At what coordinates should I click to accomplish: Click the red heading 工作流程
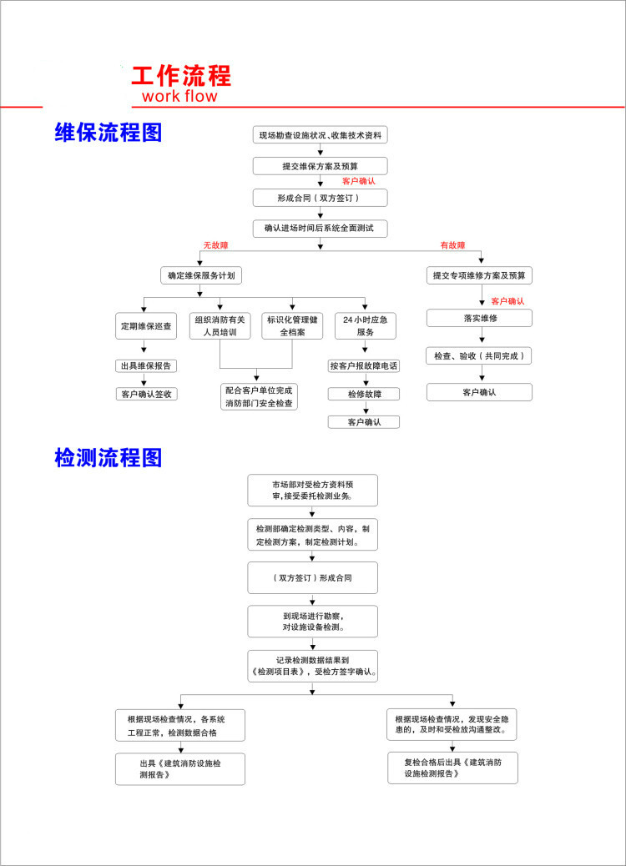(x=181, y=75)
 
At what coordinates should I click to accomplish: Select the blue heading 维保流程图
(x=108, y=133)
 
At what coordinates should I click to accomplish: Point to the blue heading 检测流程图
(x=108, y=457)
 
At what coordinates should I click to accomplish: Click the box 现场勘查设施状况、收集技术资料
(x=321, y=135)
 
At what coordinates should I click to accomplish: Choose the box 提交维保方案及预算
(x=321, y=166)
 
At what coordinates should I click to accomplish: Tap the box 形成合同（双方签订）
(x=321, y=198)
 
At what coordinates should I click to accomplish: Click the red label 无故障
(x=215, y=245)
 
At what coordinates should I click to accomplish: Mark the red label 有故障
(x=452, y=245)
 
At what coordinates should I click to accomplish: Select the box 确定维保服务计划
(x=201, y=275)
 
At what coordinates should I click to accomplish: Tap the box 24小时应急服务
(x=365, y=325)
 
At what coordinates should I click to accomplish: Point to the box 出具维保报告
(x=146, y=365)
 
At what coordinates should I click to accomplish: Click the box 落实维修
(x=479, y=319)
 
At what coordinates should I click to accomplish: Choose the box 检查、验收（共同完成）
(x=479, y=355)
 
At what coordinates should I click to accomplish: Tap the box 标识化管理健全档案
(x=292, y=325)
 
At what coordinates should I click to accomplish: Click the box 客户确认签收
(x=146, y=394)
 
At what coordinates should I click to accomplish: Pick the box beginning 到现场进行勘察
(x=312, y=622)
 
